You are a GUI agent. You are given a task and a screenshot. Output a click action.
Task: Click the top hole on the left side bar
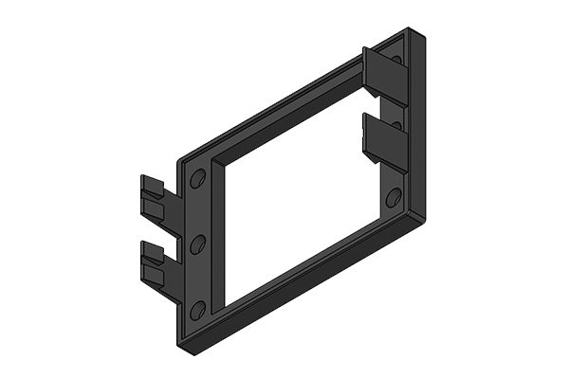click(196, 180)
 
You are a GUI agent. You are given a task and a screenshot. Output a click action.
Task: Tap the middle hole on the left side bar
click(196, 245)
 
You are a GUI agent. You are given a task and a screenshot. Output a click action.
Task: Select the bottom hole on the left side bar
click(196, 310)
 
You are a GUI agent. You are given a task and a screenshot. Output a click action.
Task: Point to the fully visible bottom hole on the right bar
click(393, 197)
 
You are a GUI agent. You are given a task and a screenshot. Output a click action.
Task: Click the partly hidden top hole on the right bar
click(397, 62)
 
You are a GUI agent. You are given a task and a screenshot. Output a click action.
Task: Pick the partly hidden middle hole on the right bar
click(397, 125)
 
